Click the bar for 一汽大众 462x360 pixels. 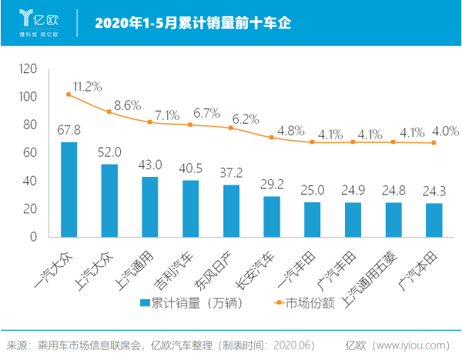[69, 189]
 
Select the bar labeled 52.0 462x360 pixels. [109, 200]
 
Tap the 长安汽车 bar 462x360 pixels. [272, 216]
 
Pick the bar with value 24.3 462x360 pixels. [434, 219]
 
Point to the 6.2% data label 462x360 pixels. [246, 119]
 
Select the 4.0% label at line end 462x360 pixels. [445, 131]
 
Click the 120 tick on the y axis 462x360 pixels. [28, 68]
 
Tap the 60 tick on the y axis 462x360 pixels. [30, 152]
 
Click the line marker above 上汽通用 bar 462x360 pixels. [150, 122]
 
